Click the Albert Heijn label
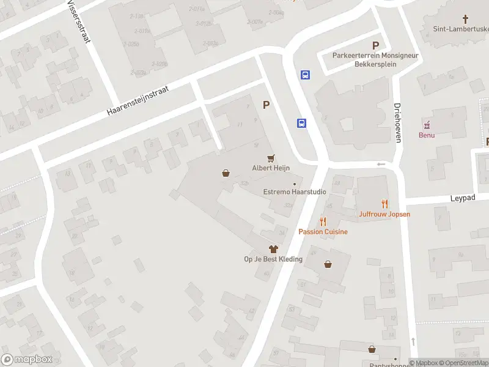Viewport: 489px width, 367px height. pos(271,168)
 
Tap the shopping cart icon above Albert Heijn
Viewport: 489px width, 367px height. pos(271,158)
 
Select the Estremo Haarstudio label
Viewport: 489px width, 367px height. pos(295,192)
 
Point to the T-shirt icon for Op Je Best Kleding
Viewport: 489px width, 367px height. pos(273,249)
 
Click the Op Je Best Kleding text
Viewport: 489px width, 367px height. pos(273,259)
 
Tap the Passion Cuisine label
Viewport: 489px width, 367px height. pos(323,232)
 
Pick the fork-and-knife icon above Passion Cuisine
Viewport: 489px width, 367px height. pos(323,221)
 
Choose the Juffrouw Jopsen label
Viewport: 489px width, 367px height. pos(384,215)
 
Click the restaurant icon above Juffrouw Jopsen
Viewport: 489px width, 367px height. pos(384,204)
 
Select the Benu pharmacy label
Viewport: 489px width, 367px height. pos(427,135)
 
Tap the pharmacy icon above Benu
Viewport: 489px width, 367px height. pos(427,125)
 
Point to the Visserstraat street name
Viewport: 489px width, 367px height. pos(79,21)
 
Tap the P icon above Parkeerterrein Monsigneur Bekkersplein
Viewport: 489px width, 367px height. pos(376,45)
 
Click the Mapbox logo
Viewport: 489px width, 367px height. pos(27,360)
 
